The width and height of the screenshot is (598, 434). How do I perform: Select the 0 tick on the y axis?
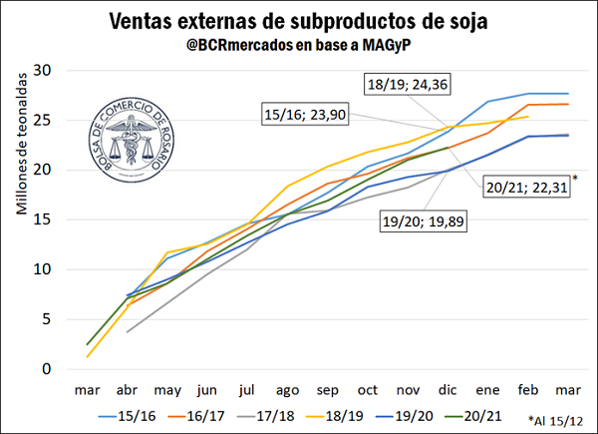tap(46, 369)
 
